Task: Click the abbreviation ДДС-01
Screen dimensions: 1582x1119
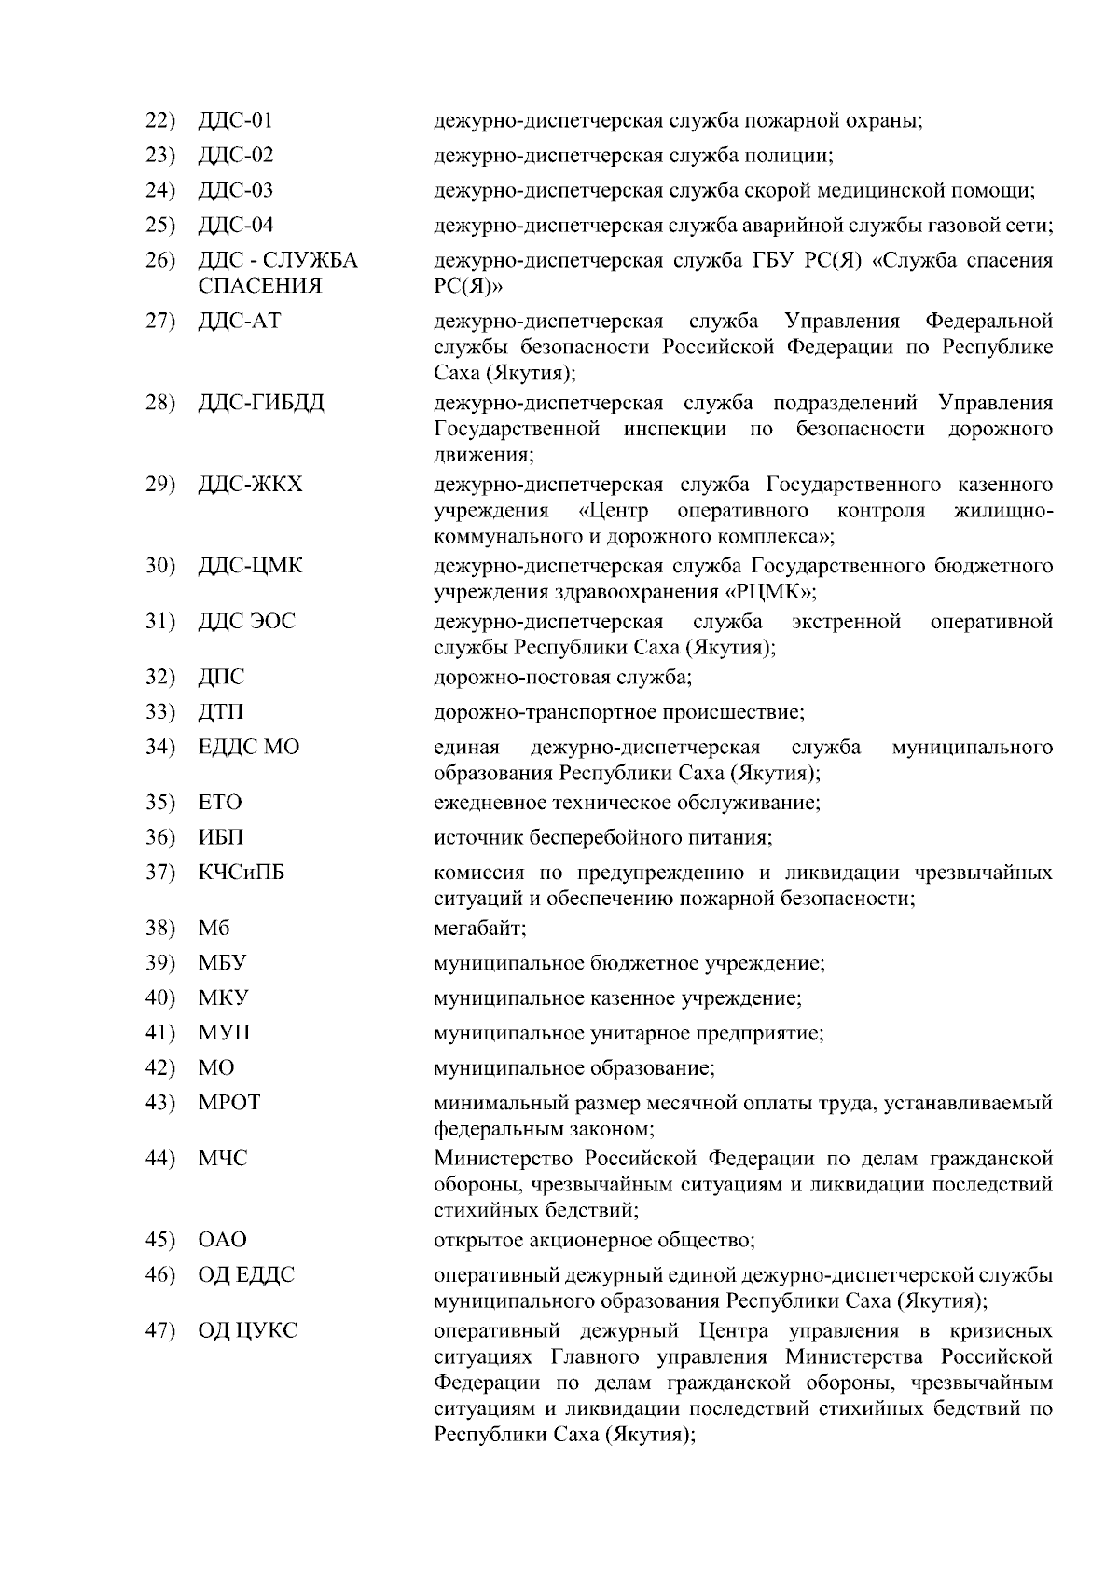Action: (236, 120)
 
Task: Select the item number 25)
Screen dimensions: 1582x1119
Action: (160, 226)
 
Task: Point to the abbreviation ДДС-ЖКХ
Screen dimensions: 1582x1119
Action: (251, 485)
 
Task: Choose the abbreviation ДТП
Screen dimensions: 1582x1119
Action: (221, 712)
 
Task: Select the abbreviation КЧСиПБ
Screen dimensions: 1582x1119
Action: (242, 873)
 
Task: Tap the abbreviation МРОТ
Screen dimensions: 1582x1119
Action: (229, 1103)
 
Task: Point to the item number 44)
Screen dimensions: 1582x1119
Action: (160, 1159)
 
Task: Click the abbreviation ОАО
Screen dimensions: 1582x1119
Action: (223, 1240)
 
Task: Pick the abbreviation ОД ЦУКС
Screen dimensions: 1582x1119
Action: (248, 1330)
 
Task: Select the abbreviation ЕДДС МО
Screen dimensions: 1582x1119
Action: (249, 748)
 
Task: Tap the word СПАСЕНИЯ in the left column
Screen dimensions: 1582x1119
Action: (260, 286)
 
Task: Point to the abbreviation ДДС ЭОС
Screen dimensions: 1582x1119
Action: (247, 622)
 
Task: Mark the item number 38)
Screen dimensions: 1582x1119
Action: (160, 929)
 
